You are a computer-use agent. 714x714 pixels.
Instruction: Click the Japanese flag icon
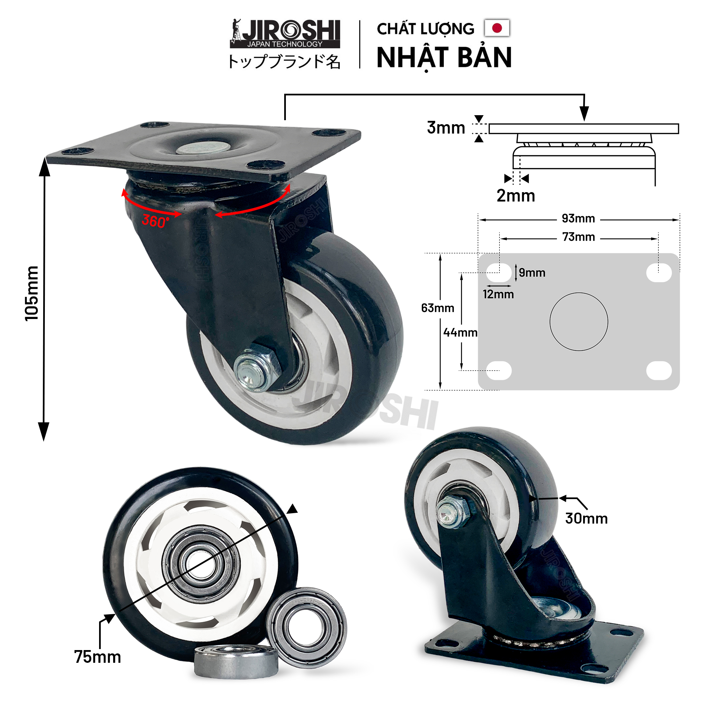pyautogui.click(x=497, y=28)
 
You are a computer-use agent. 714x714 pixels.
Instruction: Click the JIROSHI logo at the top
pyautogui.click(x=285, y=33)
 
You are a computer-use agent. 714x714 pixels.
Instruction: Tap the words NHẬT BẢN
pyautogui.click(x=444, y=58)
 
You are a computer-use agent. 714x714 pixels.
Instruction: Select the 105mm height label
pyautogui.click(x=32, y=294)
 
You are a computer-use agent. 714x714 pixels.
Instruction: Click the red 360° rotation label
pyautogui.click(x=155, y=221)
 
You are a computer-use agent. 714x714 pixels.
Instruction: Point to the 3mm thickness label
pyautogui.click(x=446, y=128)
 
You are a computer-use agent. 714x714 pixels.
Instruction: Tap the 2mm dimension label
pyautogui.click(x=515, y=195)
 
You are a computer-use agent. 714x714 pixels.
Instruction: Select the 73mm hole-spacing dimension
pyautogui.click(x=578, y=237)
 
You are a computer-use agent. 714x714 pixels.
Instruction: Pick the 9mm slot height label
pyautogui.click(x=532, y=273)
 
